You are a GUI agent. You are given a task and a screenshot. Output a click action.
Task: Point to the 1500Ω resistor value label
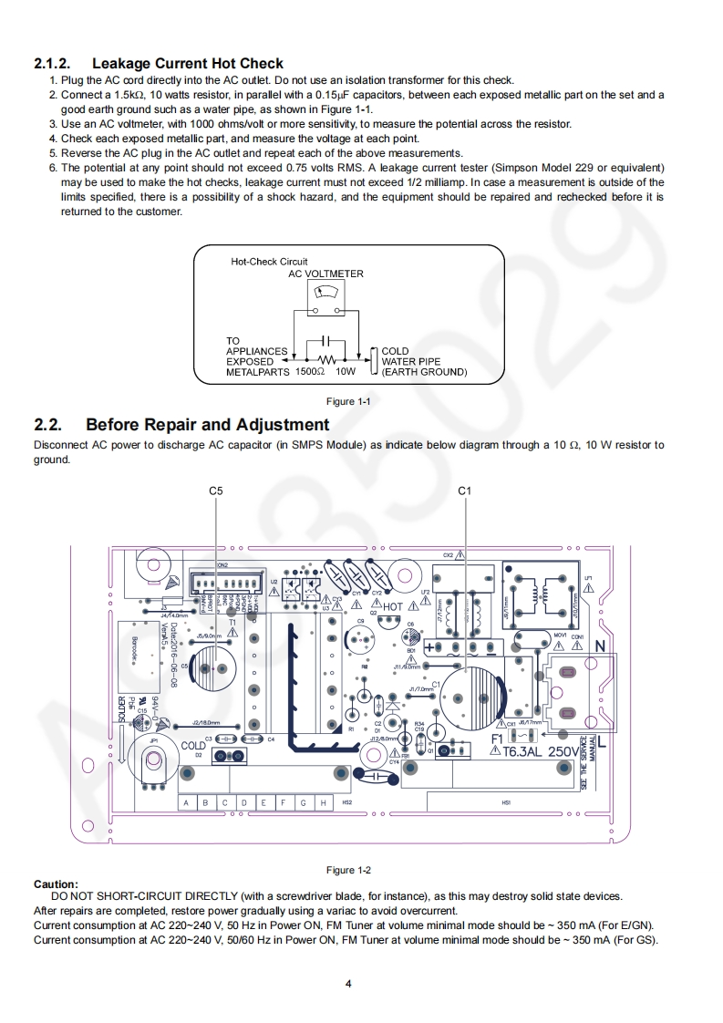(312, 372)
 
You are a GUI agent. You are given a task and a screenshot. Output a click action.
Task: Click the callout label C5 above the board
(215, 491)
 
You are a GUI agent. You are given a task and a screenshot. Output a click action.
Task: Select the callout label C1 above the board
(464, 491)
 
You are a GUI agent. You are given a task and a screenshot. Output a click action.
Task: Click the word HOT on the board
(393, 606)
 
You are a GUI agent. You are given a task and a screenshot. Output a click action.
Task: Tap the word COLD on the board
(193, 746)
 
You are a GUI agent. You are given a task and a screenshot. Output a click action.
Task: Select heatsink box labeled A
(186, 802)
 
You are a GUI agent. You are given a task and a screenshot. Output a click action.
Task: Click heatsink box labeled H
(323, 802)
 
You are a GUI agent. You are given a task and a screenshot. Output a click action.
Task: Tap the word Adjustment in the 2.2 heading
(283, 425)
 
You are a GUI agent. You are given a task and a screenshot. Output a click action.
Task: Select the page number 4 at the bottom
(348, 983)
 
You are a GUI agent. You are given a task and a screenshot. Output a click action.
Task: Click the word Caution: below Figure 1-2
(56, 883)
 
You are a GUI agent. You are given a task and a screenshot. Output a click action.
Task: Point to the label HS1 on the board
(507, 802)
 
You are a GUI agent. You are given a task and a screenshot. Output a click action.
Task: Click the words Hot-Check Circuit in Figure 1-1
(269, 262)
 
